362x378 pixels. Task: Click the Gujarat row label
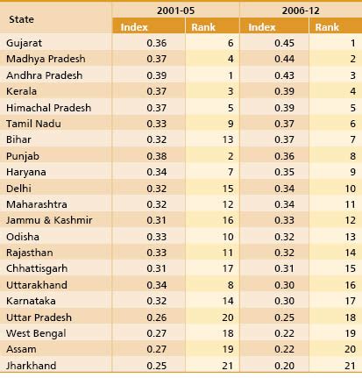pos(24,42)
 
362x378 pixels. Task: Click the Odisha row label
pos(23,236)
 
